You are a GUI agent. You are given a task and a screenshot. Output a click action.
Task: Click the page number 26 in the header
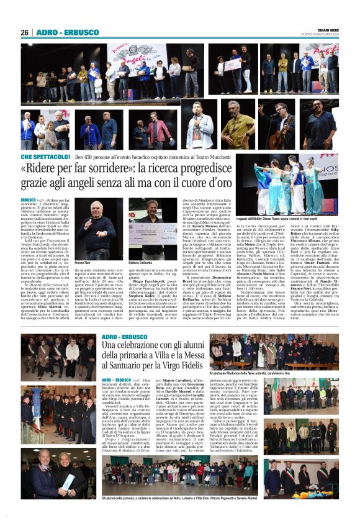[25, 32]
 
